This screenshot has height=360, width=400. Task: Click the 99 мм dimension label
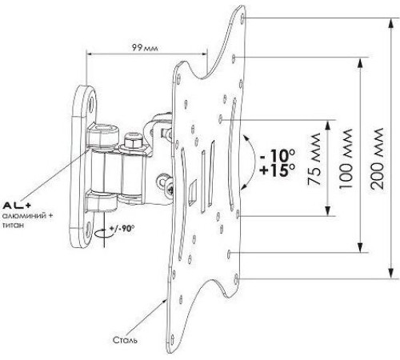point(145,48)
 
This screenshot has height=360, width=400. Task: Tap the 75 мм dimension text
point(314,159)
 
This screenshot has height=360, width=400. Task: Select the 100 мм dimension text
point(346,159)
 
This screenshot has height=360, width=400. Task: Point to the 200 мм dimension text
point(377,159)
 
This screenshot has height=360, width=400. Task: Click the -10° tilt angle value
point(278,155)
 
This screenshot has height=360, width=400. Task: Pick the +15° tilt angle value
point(278,170)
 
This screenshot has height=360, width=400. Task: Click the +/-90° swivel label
point(122,229)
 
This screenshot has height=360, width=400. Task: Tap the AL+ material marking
point(17,206)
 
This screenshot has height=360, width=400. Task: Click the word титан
point(13,225)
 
